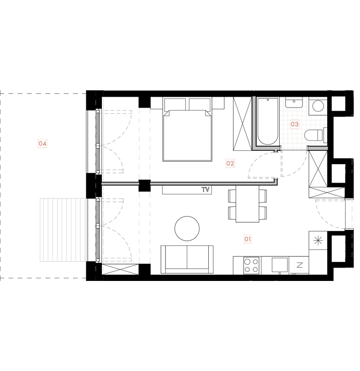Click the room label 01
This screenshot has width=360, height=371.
point(247,239)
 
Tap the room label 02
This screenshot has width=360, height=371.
point(230,164)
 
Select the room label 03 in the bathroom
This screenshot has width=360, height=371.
point(295,124)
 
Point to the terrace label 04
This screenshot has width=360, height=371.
point(43,144)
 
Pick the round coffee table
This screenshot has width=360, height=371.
point(187,228)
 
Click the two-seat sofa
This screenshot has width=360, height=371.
point(187,259)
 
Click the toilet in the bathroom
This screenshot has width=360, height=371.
point(314,135)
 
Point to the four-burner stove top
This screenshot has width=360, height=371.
point(251,266)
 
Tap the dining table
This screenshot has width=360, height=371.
point(247,203)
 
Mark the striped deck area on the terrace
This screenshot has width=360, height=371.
point(62,229)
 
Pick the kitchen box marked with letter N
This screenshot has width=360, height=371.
point(300,266)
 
